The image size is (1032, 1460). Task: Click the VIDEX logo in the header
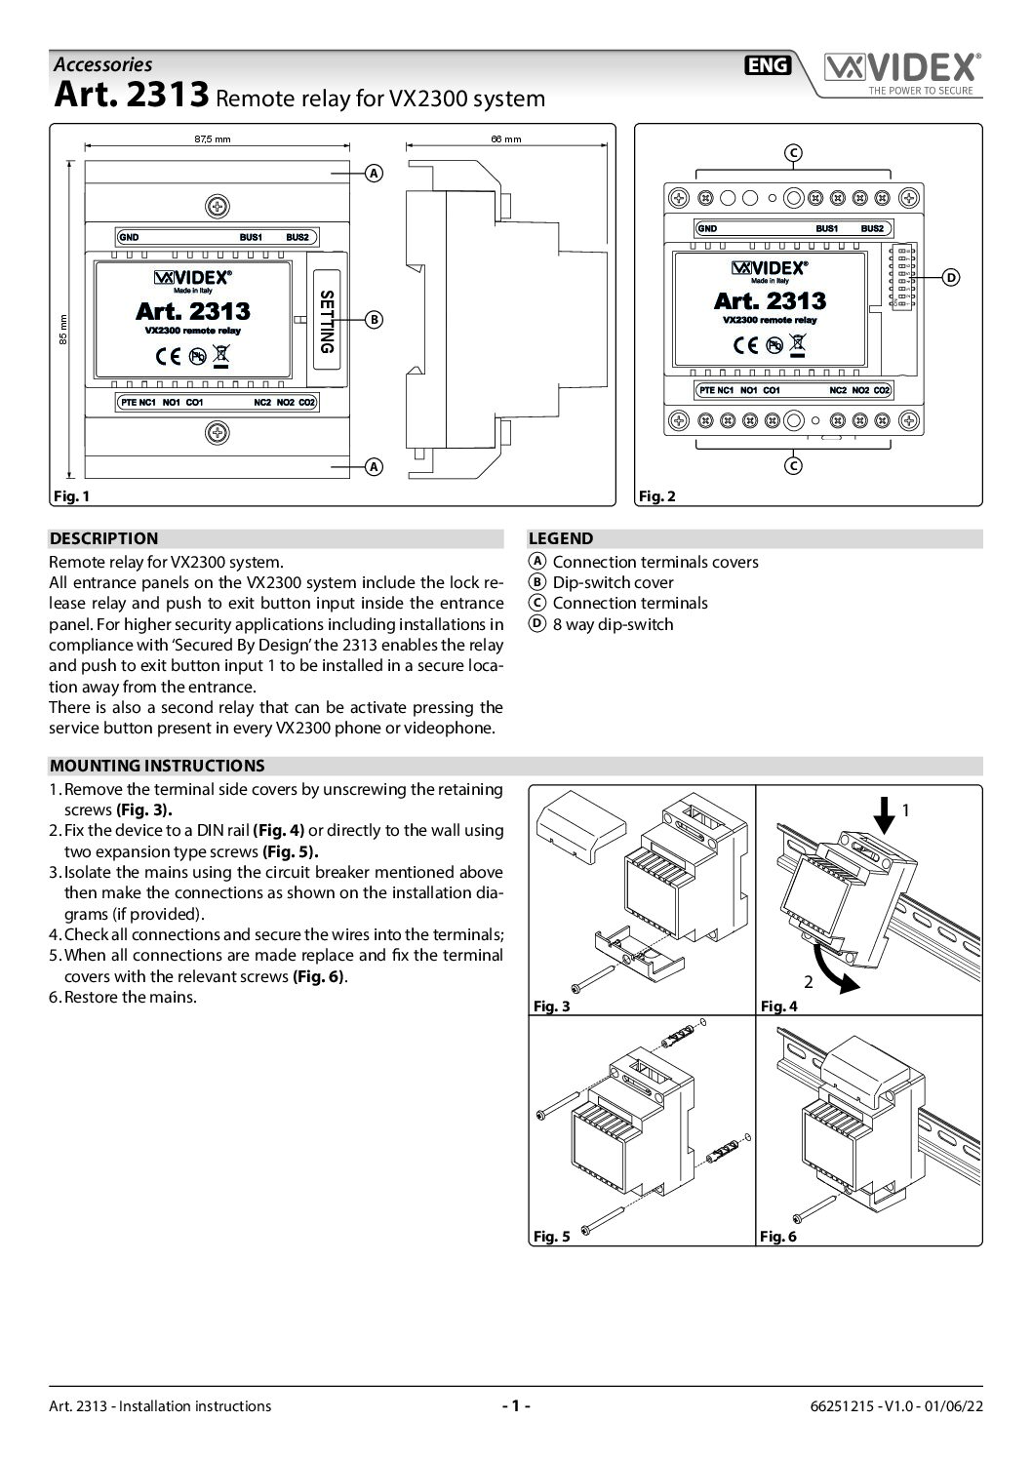(901, 69)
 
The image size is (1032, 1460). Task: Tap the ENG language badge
(769, 65)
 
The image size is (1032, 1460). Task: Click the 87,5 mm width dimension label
(212, 139)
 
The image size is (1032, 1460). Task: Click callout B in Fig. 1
(373, 319)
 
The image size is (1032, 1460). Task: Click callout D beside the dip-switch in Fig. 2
(951, 278)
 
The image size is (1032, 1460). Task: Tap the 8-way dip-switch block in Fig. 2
(901, 278)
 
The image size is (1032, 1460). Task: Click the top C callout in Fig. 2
(793, 152)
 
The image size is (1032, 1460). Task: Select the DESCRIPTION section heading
(103, 538)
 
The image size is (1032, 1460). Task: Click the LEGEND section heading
(560, 538)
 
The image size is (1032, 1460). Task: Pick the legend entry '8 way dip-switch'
(612, 624)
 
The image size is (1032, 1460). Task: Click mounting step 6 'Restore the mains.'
(130, 998)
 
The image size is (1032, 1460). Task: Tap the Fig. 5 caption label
(552, 1237)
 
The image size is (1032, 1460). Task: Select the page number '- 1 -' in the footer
(515, 1405)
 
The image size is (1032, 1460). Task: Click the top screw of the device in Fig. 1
(217, 206)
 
